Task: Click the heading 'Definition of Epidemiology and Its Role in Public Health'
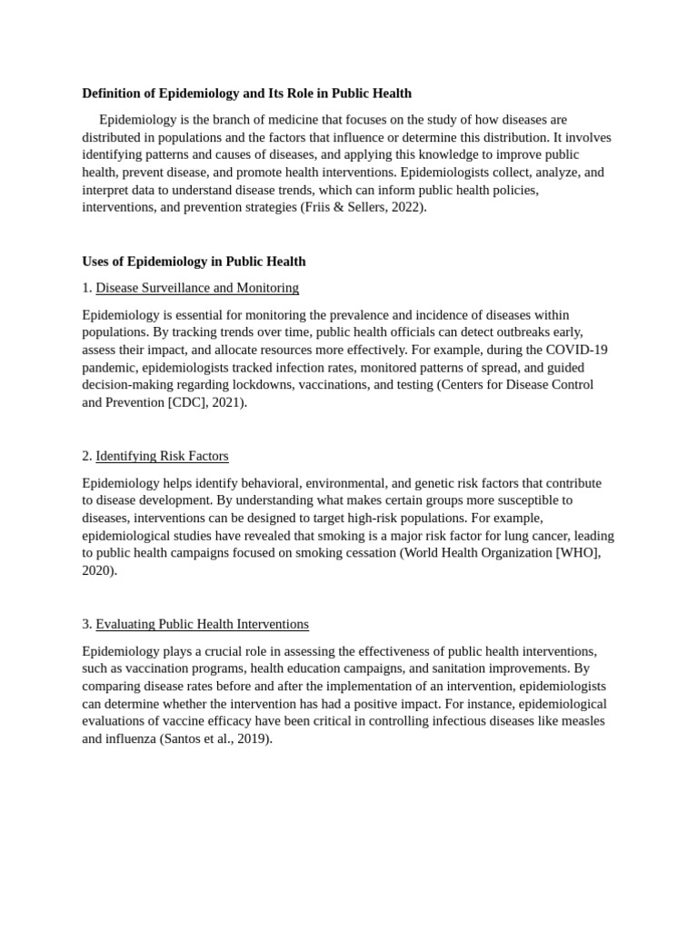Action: tap(246, 93)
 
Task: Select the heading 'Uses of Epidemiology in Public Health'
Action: tap(194, 262)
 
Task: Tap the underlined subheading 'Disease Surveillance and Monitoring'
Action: tap(197, 288)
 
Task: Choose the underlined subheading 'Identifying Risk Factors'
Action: tap(162, 456)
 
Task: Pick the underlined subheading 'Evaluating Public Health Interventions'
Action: tap(202, 624)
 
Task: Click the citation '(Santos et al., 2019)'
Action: tap(215, 738)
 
